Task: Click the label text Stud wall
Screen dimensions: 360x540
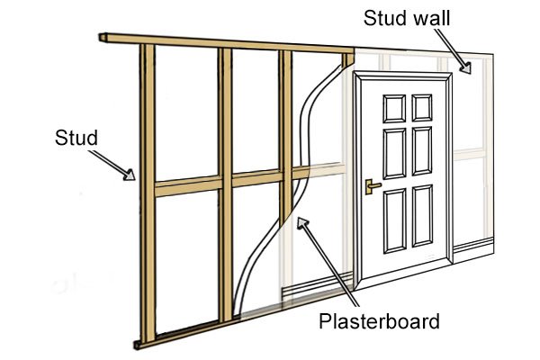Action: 407,17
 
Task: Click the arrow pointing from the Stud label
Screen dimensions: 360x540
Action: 116,166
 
